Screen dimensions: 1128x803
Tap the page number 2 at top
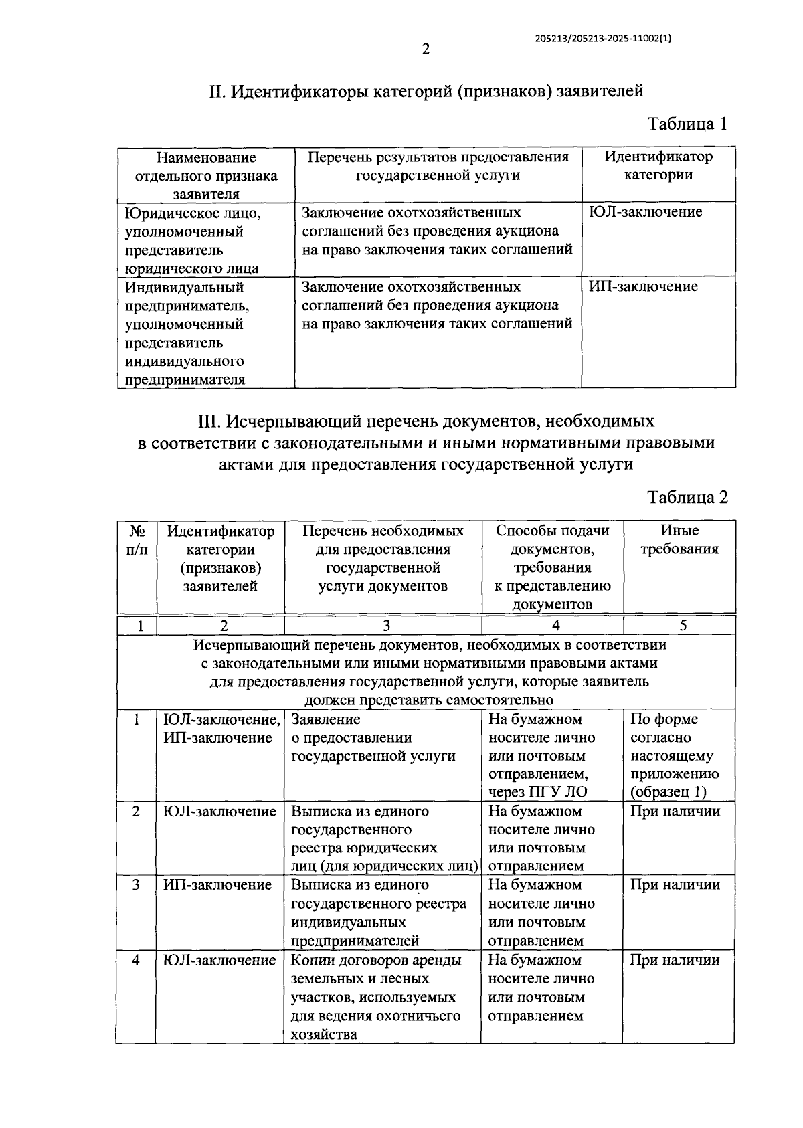426,49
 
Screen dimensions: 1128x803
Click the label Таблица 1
687,124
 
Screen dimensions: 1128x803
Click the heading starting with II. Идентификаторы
426,90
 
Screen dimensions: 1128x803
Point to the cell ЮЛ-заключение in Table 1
645,213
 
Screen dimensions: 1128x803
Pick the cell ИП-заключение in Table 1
643,287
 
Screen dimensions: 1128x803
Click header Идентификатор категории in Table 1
658,166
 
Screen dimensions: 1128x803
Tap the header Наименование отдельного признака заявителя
206,175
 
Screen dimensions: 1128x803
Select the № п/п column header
137,540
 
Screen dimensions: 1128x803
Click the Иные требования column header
679,540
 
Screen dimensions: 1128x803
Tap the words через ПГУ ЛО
538,793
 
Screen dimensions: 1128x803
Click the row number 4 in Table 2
136,960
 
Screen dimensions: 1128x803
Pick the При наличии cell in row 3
675,885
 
